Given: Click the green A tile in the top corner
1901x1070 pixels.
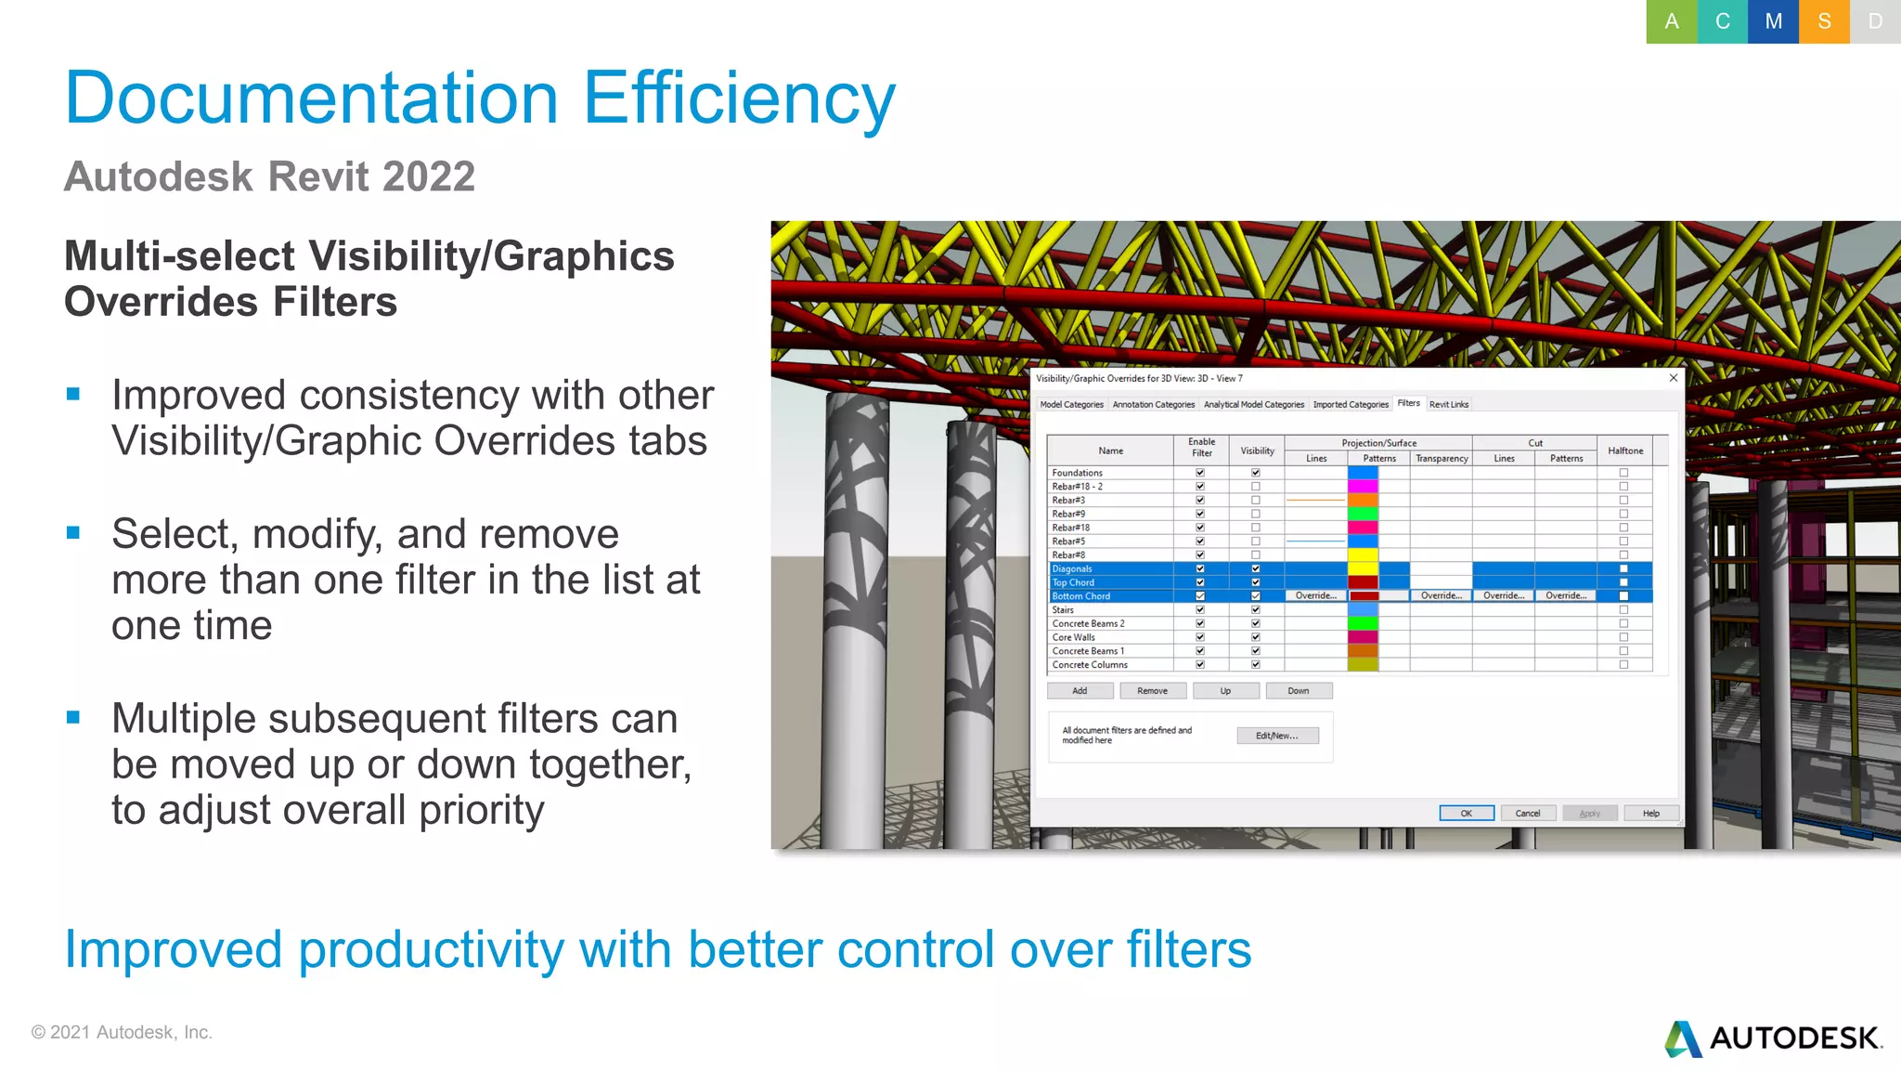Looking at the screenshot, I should pos(1671,21).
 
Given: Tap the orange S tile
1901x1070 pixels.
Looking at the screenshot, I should pos(1824,21).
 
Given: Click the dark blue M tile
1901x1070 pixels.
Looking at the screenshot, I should pos(1773,21).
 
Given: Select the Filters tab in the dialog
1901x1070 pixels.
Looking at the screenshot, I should pos(1408,403).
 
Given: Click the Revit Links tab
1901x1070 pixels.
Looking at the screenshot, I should pos(1448,405).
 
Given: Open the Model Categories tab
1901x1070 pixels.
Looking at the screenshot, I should pos(1071,405).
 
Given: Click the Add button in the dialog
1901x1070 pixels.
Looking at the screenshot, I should pos(1080,691).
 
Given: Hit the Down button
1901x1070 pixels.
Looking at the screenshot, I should pos(1299,691).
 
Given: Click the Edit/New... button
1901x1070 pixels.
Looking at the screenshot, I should pos(1276,736).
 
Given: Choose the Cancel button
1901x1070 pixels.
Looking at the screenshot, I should pos(1527,814).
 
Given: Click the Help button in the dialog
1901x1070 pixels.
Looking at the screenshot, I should pos(1650,814).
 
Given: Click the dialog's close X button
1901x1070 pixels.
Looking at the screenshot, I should pos(1673,378).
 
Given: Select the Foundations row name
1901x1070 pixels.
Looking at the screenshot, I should pos(1077,473).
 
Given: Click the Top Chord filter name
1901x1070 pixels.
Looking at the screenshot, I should pos(1073,582).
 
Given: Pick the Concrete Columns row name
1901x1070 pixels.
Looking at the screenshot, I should pos(1090,665).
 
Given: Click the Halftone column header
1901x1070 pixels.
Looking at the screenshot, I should pos(1624,450).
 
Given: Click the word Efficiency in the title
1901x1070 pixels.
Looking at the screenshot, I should pos(739,98).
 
